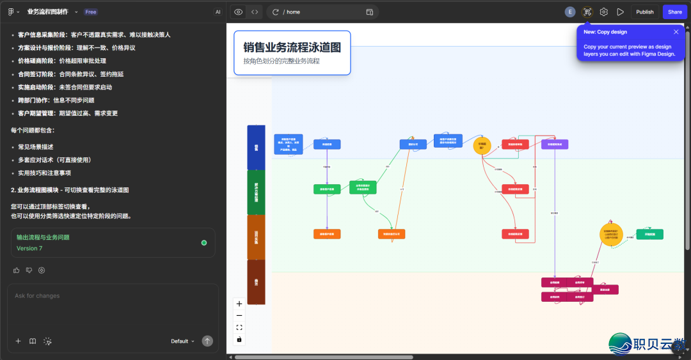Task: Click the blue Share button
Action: click(675, 12)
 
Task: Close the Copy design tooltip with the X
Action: click(676, 32)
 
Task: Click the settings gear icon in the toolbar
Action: click(603, 12)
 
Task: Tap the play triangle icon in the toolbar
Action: click(620, 12)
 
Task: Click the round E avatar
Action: click(570, 12)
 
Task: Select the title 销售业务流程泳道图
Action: click(292, 47)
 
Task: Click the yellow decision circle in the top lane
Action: click(482, 146)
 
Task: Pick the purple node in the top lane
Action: click(555, 145)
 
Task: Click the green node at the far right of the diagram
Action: click(649, 234)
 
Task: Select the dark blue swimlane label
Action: click(256, 147)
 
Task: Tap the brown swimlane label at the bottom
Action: click(256, 282)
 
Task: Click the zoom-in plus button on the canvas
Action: click(239, 304)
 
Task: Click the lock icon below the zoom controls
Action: click(239, 339)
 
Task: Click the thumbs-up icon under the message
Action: click(17, 270)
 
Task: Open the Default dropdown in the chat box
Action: click(182, 341)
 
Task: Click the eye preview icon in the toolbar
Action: click(238, 12)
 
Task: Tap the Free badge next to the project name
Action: click(91, 12)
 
